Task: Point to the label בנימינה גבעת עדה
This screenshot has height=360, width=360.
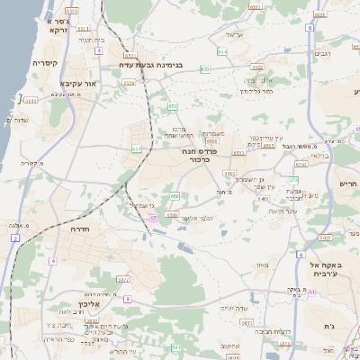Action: pyautogui.click(x=154, y=65)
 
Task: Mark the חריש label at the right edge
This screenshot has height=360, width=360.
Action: pyautogui.click(x=348, y=184)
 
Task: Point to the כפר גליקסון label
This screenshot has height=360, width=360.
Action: pyautogui.click(x=256, y=91)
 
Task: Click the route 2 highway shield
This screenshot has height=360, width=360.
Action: pyautogui.click(x=15, y=238)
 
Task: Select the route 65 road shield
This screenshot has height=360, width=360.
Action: pyautogui.click(x=154, y=218)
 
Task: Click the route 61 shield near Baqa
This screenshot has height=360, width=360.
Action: pyautogui.click(x=310, y=292)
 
